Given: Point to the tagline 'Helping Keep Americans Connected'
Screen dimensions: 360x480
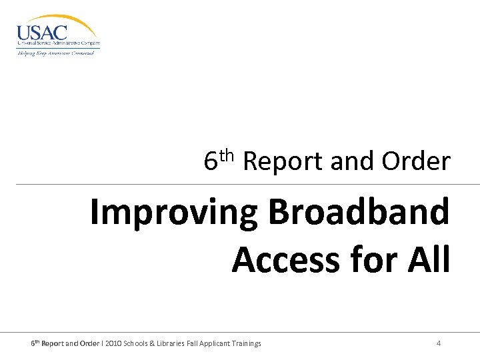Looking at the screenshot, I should (x=55, y=53).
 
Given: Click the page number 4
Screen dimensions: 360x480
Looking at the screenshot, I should (x=438, y=343).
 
